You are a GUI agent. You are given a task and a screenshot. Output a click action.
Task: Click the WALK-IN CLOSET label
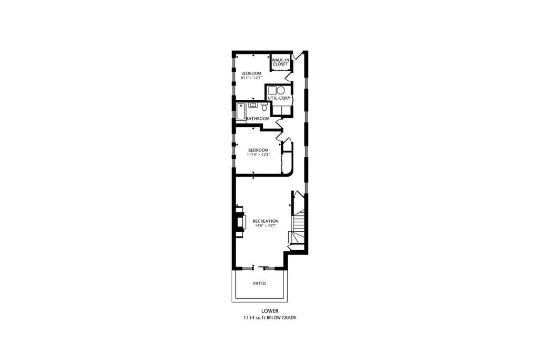(280, 62)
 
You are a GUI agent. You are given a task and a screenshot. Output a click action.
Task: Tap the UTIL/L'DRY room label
(279, 98)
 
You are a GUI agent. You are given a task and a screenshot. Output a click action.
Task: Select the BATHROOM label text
(258, 119)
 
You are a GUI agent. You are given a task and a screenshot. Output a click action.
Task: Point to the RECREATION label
(266, 221)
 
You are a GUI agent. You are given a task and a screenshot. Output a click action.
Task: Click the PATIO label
(259, 283)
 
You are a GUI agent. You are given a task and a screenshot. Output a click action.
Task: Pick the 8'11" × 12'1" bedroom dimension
(251, 78)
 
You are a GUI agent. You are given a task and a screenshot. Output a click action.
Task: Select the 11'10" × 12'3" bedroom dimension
(258, 155)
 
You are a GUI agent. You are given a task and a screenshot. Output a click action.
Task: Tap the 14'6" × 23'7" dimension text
(266, 225)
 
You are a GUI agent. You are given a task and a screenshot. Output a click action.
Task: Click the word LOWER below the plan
(270, 311)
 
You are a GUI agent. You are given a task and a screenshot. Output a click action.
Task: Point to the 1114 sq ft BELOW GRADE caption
(270, 318)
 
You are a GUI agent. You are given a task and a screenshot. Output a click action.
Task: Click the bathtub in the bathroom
(241, 111)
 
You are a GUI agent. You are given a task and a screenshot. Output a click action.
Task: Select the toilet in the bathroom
(264, 107)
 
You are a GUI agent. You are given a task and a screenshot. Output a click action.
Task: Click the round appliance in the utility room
(281, 91)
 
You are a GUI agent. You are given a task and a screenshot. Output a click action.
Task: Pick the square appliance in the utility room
(272, 91)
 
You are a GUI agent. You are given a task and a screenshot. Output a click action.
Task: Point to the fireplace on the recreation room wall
(240, 221)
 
